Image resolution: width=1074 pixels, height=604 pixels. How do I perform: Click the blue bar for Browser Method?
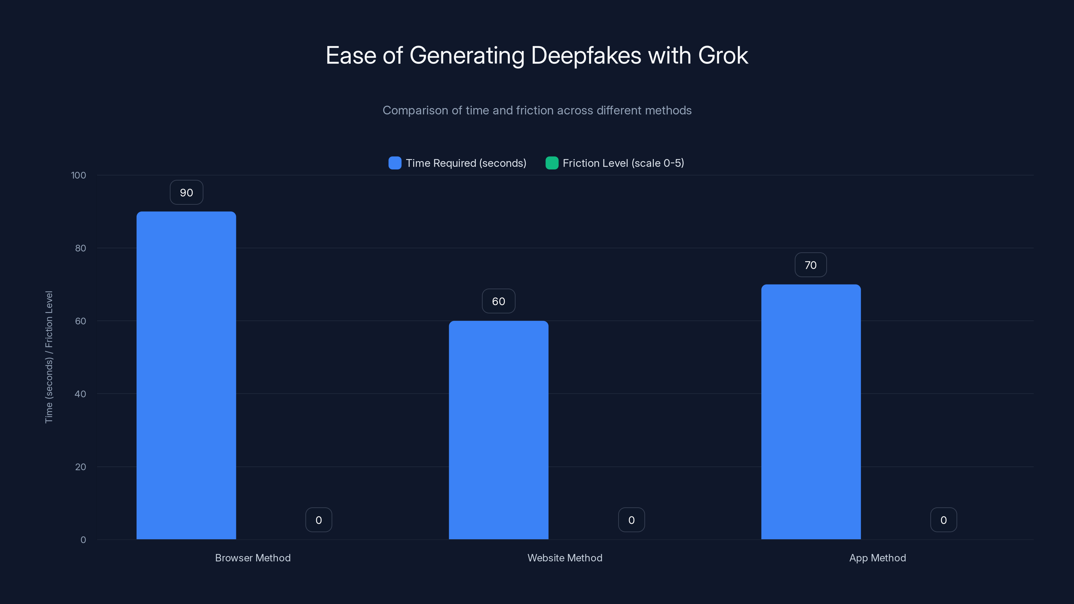[186, 375]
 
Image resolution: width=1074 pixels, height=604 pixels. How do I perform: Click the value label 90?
[186, 193]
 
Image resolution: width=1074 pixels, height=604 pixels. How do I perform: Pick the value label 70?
[810, 265]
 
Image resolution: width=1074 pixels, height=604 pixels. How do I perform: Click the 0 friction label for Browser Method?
[319, 520]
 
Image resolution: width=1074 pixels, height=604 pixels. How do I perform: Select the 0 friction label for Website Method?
[631, 520]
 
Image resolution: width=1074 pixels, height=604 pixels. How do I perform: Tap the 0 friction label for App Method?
[943, 520]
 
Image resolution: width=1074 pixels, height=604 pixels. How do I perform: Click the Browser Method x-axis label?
[253, 558]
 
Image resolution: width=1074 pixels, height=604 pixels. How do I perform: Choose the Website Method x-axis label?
[565, 558]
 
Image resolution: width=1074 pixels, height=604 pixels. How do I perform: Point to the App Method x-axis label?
[877, 558]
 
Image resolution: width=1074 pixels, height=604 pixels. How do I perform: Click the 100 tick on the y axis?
[79, 175]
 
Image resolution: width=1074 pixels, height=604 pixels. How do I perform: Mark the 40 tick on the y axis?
[80, 394]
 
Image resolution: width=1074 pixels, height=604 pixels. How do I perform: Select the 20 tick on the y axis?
[80, 467]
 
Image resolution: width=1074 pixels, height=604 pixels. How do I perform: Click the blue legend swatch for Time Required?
[394, 163]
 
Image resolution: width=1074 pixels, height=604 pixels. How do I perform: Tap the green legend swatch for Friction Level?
[551, 163]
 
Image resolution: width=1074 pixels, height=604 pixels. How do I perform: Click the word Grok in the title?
[723, 55]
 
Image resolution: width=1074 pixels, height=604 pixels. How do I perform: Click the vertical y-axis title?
[49, 357]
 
